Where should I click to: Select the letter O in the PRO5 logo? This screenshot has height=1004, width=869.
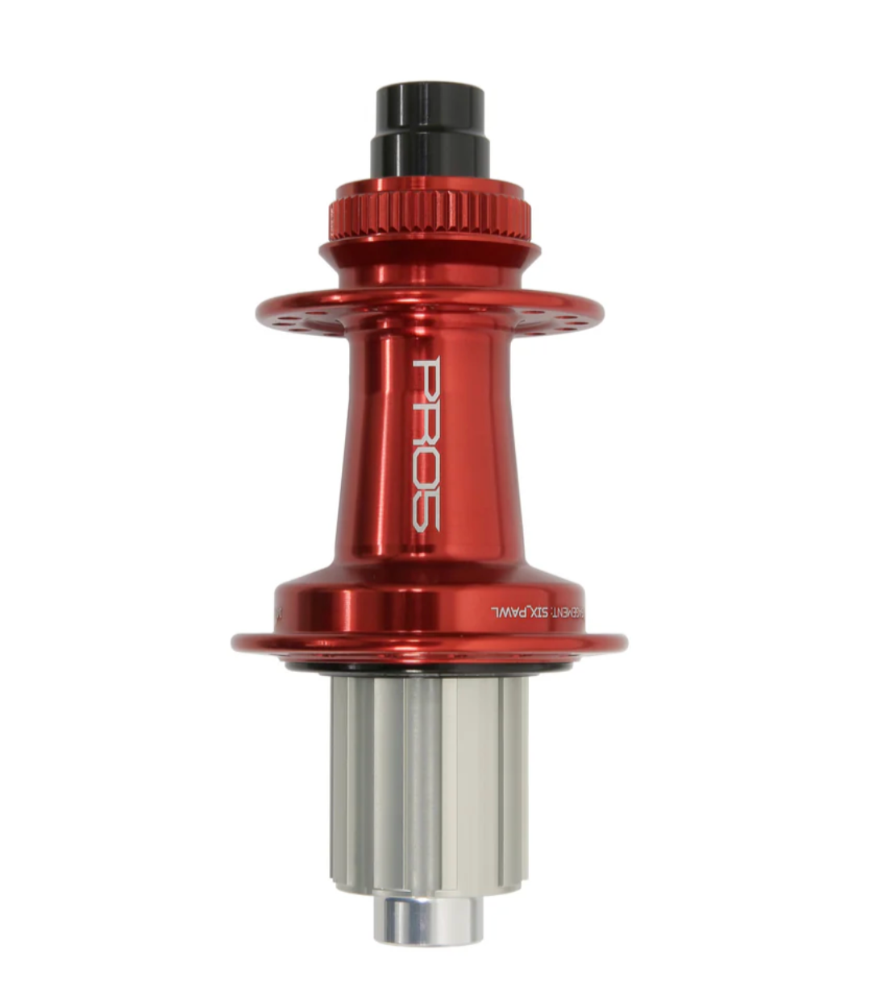tap(426, 468)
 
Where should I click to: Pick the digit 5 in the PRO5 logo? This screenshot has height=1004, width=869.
tap(426, 511)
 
